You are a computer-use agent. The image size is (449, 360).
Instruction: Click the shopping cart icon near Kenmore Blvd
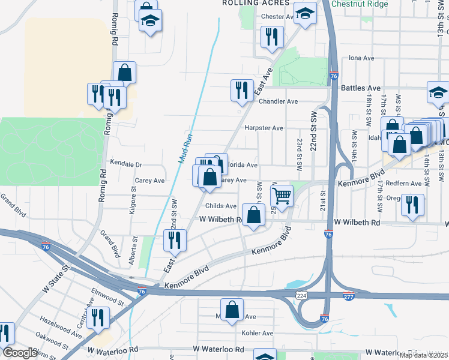pyautogui.click(x=282, y=195)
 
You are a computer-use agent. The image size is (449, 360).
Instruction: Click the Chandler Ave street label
pyautogui.click(x=278, y=101)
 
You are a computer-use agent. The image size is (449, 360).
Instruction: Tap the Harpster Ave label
pyautogui.click(x=264, y=128)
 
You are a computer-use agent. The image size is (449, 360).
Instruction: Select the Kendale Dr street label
pyautogui.click(x=126, y=164)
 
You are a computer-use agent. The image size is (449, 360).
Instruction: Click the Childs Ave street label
pyautogui.click(x=221, y=206)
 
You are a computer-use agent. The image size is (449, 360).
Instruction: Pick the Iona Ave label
pyautogui.click(x=362, y=59)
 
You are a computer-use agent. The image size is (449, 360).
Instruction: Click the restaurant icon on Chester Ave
pyautogui.click(x=272, y=36)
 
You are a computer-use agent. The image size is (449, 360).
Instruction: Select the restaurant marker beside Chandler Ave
pyautogui.click(x=242, y=90)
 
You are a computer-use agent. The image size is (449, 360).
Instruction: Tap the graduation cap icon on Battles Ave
pyautogui.click(x=438, y=92)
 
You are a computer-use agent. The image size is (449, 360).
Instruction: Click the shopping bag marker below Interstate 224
pyautogui.click(x=232, y=310)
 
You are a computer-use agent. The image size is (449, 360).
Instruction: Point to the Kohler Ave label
pyautogui.click(x=257, y=333)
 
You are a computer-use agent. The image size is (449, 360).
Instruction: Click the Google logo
pyautogui.click(x=20, y=353)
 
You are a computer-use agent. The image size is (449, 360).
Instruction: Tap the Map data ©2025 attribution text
pyautogui.click(x=423, y=355)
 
